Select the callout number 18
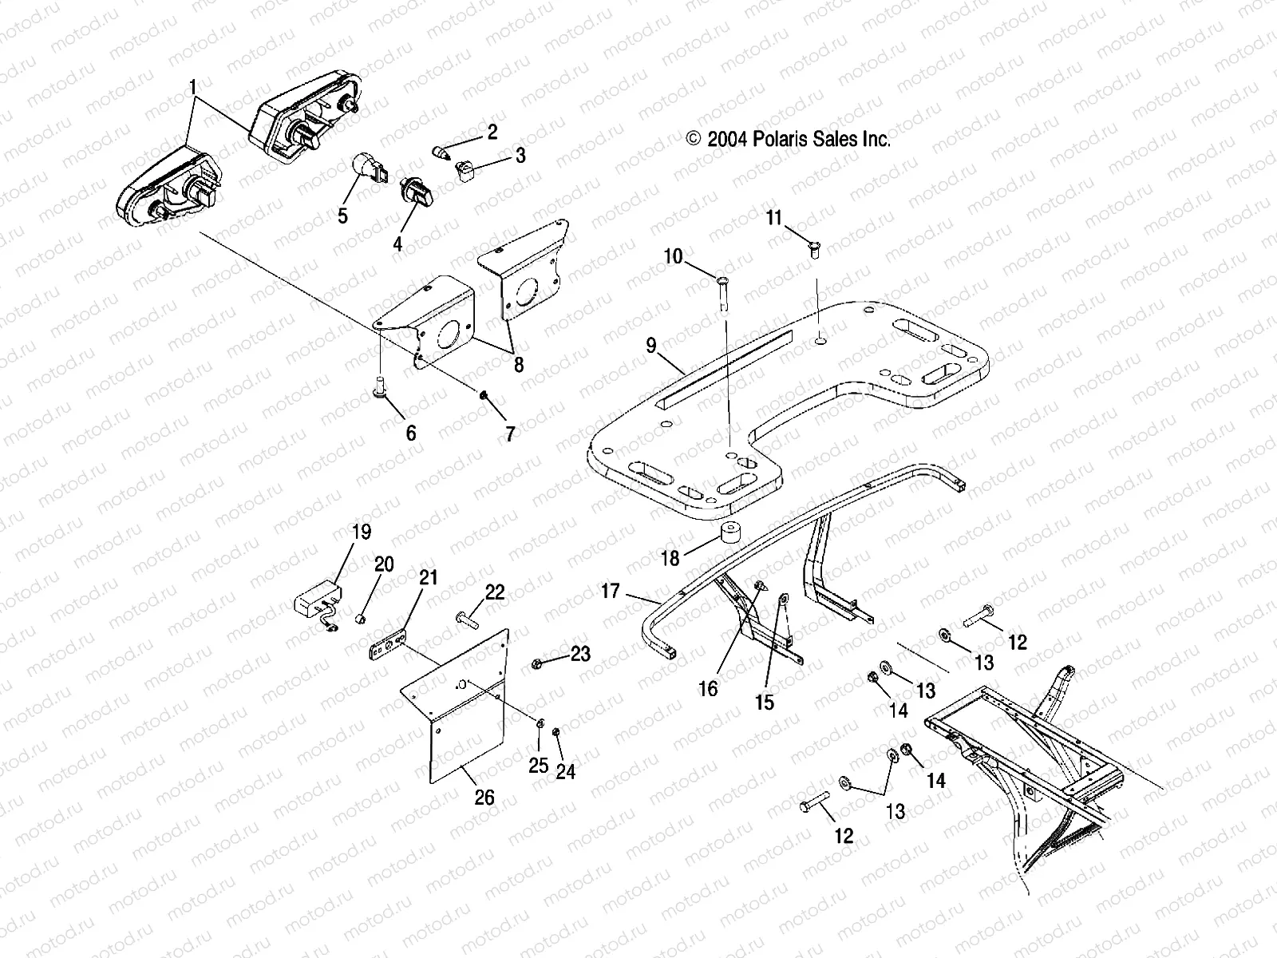670,558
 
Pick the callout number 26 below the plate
484,797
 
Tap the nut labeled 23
537,663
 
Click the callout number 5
342,216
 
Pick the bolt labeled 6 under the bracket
380,387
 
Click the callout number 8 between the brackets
519,365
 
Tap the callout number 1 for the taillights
192,85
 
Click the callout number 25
539,766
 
